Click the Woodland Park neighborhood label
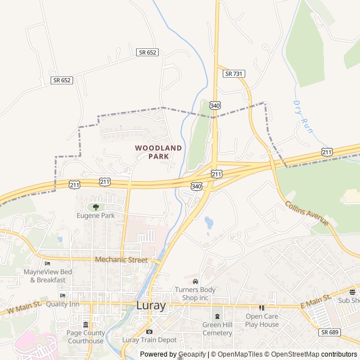point(158,152)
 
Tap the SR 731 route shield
point(233,74)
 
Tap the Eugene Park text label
point(96,215)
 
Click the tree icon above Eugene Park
point(96,207)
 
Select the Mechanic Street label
point(121,260)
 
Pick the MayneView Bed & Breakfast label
point(48,276)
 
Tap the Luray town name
point(151,306)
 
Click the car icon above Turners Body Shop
point(195,281)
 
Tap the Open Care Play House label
point(262,320)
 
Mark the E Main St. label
point(315,303)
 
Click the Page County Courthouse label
point(85,336)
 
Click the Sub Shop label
point(349,301)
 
